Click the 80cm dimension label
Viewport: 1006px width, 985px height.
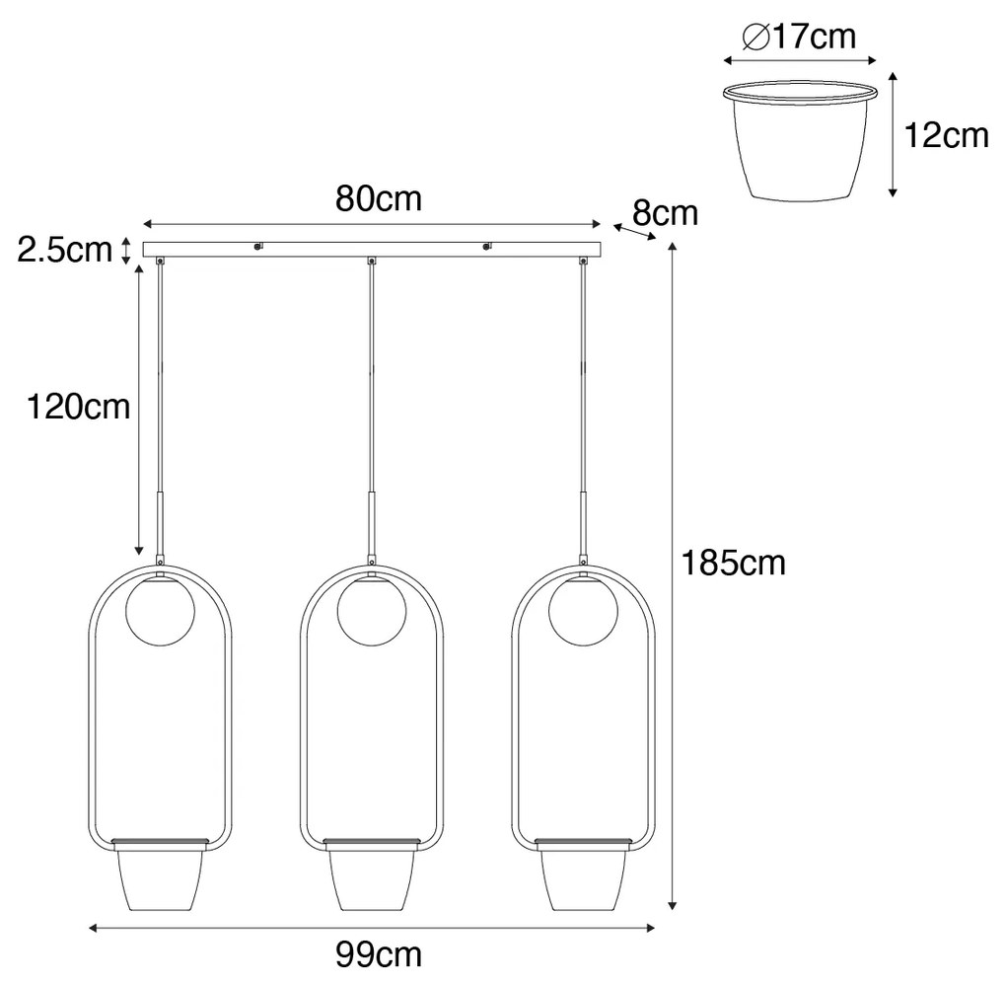click(379, 199)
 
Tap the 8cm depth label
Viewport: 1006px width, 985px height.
click(666, 213)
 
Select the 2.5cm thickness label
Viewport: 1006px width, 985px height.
click(64, 250)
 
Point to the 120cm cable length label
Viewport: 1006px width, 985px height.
click(78, 407)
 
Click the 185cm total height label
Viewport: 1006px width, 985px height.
click(734, 564)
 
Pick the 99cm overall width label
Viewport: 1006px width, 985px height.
click(379, 954)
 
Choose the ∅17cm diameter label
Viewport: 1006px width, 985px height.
click(800, 37)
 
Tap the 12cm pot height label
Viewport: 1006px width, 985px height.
click(947, 136)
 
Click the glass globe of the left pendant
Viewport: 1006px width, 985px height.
click(160, 610)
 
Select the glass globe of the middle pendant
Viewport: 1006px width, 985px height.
click(372, 610)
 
